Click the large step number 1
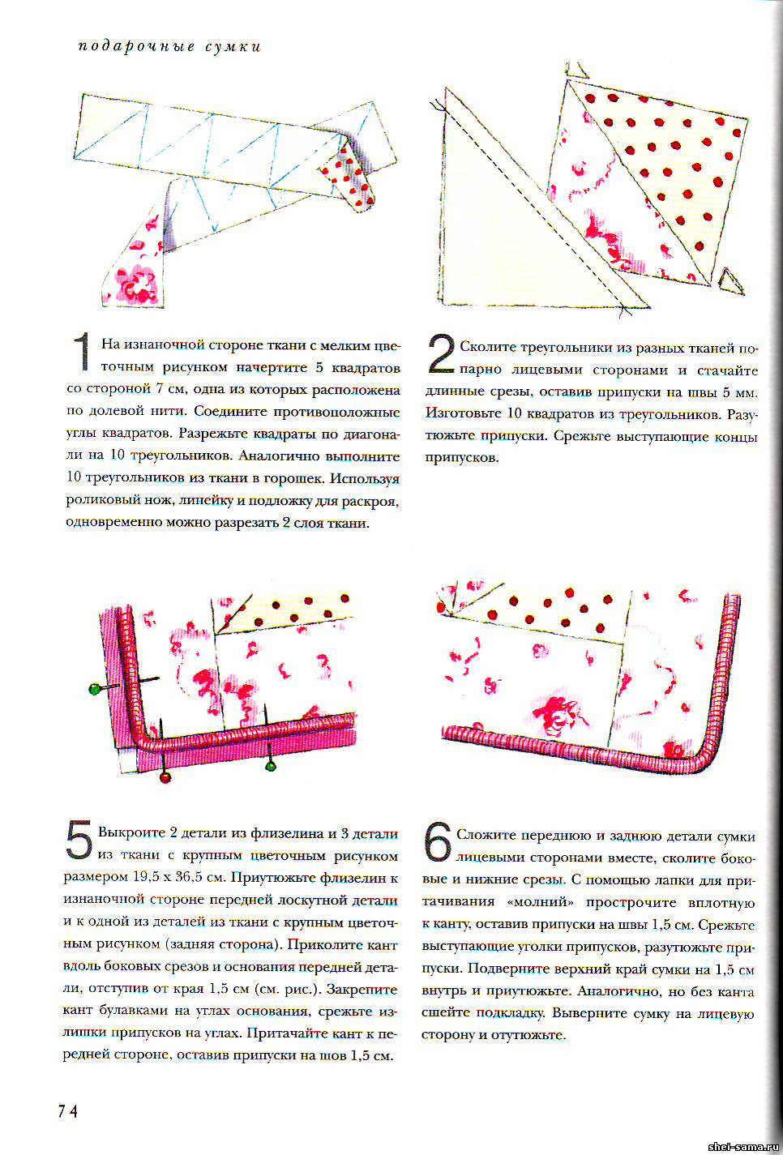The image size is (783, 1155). tap(81, 353)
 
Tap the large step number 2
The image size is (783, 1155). tap(440, 354)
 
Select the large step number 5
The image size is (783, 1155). tap(79, 840)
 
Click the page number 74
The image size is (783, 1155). tap(67, 1111)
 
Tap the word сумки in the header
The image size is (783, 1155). tap(233, 46)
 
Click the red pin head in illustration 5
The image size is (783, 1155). tap(165, 777)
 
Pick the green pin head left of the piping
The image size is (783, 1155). tap(94, 689)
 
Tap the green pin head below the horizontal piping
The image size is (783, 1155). tap(271, 765)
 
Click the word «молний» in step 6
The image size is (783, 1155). tap(538, 903)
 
